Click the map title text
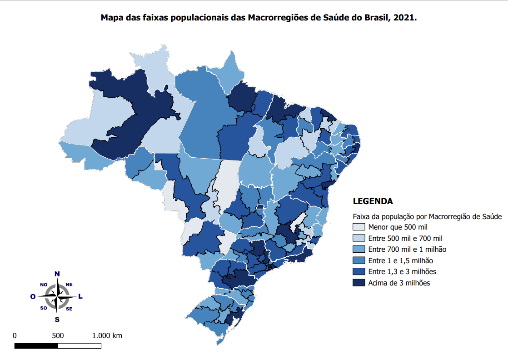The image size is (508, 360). click(x=258, y=18)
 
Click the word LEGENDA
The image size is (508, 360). click(x=373, y=201)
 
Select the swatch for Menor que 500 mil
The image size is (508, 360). click(x=359, y=227)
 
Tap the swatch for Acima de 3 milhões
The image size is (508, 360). click(x=359, y=283)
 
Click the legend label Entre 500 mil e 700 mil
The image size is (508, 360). click(x=405, y=238)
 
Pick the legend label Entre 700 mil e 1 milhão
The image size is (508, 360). click(x=407, y=249)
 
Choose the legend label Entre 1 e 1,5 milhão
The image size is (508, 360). click(x=400, y=260)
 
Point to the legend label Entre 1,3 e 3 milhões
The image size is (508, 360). click(x=402, y=271)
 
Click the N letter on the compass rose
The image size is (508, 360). click(x=57, y=274)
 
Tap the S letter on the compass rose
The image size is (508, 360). click(x=57, y=320)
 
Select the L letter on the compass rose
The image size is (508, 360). click(x=80, y=297)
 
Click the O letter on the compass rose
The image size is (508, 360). click(x=33, y=297)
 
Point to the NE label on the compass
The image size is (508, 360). click(x=69, y=285)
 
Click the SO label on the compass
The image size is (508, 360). click(x=44, y=308)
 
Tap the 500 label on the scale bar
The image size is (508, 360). click(x=58, y=336)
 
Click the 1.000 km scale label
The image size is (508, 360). click(x=107, y=336)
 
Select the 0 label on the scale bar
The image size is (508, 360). click(x=15, y=336)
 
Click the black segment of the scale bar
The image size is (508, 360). click(x=36, y=346)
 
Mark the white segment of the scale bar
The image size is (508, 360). click(x=80, y=346)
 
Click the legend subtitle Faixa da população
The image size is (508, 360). click(x=427, y=216)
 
